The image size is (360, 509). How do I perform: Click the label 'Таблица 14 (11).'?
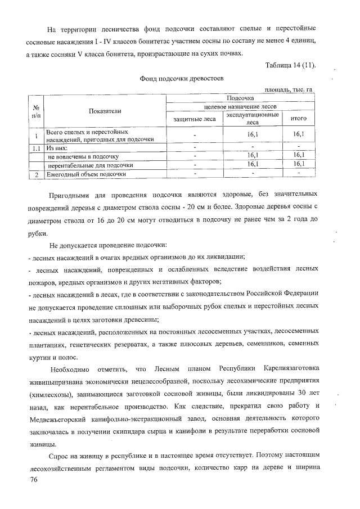click(x=290, y=66)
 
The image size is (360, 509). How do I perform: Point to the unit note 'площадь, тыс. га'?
click(x=288, y=90)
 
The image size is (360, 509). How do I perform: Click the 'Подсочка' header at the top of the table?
click(x=240, y=98)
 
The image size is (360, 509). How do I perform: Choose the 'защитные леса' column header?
click(x=194, y=119)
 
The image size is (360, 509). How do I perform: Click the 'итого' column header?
click(x=298, y=119)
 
